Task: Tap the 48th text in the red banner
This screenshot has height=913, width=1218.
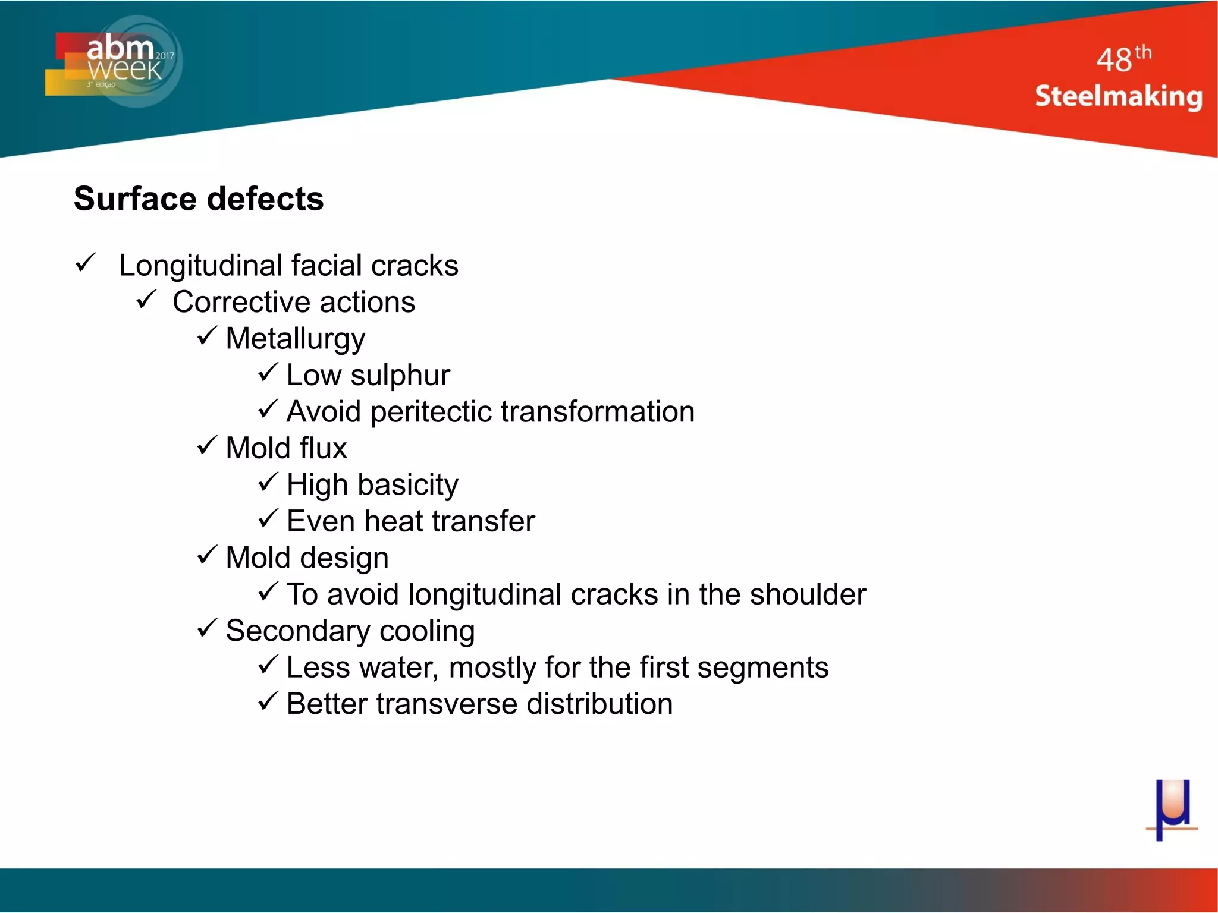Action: click(x=1123, y=59)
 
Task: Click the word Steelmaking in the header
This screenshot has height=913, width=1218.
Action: click(x=1118, y=96)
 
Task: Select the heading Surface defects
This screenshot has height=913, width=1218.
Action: click(x=199, y=199)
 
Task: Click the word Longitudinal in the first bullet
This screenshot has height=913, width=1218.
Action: click(x=199, y=266)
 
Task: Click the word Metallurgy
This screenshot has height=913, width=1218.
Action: click(x=296, y=339)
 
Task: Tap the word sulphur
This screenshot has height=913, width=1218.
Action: click(x=400, y=376)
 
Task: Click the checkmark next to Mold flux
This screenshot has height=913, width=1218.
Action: click(x=207, y=445)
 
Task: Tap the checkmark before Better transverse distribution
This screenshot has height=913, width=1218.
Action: click(x=268, y=701)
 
